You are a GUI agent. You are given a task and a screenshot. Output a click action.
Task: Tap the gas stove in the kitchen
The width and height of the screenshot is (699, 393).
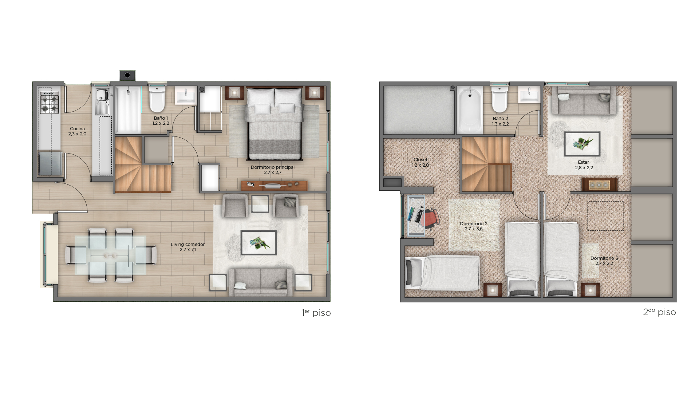[49, 102]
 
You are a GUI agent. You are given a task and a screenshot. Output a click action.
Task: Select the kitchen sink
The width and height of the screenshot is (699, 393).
[102, 95]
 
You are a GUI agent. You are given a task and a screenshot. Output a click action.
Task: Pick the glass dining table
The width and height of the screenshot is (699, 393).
[111, 255]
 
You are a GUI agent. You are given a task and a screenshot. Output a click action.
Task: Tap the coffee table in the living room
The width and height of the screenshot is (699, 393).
[259, 243]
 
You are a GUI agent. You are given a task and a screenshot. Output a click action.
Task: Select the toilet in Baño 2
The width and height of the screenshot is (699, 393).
[500, 99]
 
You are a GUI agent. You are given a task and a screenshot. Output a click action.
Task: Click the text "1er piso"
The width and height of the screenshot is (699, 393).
[316, 313]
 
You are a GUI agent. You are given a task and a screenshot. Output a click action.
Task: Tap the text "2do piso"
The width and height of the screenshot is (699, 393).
[659, 312]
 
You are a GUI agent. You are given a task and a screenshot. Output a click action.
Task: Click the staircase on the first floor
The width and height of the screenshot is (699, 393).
[143, 164]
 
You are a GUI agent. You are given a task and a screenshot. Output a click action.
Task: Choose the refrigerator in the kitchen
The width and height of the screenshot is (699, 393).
[50, 163]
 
